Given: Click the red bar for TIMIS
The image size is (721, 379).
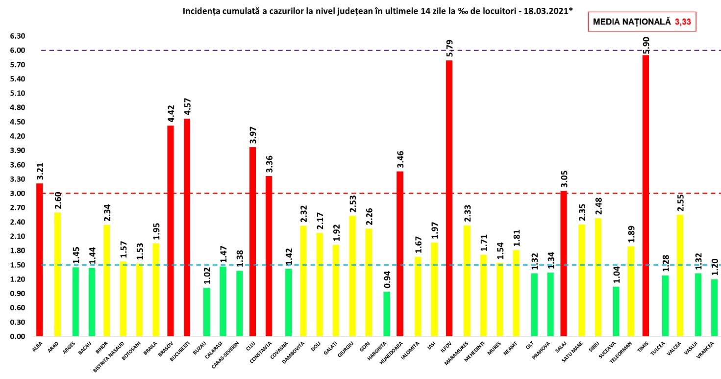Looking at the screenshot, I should click(x=646, y=196).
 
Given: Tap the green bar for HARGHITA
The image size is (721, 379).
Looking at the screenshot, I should click(x=387, y=314).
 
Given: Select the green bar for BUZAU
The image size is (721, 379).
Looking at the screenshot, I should click(x=207, y=312).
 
